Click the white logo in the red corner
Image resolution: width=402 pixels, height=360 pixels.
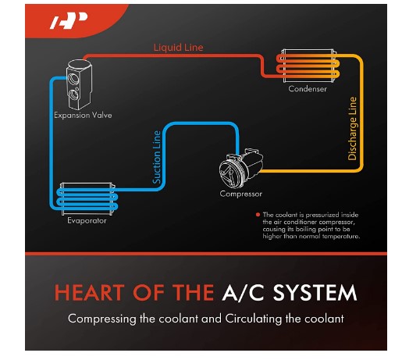[69, 20]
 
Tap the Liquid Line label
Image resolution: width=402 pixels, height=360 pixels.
[178, 48]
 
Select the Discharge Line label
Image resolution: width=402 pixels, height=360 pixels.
[352, 129]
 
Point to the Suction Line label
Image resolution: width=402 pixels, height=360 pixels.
[157, 157]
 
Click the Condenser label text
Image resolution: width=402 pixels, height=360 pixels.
[308, 89]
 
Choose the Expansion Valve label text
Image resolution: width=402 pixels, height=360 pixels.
[83, 116]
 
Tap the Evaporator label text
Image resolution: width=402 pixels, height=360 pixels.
[87, 221]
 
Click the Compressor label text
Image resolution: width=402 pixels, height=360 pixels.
[241, 194]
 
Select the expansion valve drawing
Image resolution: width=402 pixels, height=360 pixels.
[79, 84]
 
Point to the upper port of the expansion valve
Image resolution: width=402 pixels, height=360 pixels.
[73, 79]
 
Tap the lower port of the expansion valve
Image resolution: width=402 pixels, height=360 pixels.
[73, 94]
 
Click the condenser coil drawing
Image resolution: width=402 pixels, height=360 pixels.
[308, 66]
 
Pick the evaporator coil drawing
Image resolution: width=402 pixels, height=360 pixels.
[87, 199]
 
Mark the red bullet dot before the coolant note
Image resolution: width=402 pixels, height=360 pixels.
[258, 215]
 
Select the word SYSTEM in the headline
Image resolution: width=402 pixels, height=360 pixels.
[315, 293]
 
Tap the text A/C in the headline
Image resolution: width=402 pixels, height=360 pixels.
[243, 293]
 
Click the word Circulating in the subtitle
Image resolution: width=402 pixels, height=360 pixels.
[253, 319]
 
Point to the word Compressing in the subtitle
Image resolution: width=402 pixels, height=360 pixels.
[101, 319]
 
